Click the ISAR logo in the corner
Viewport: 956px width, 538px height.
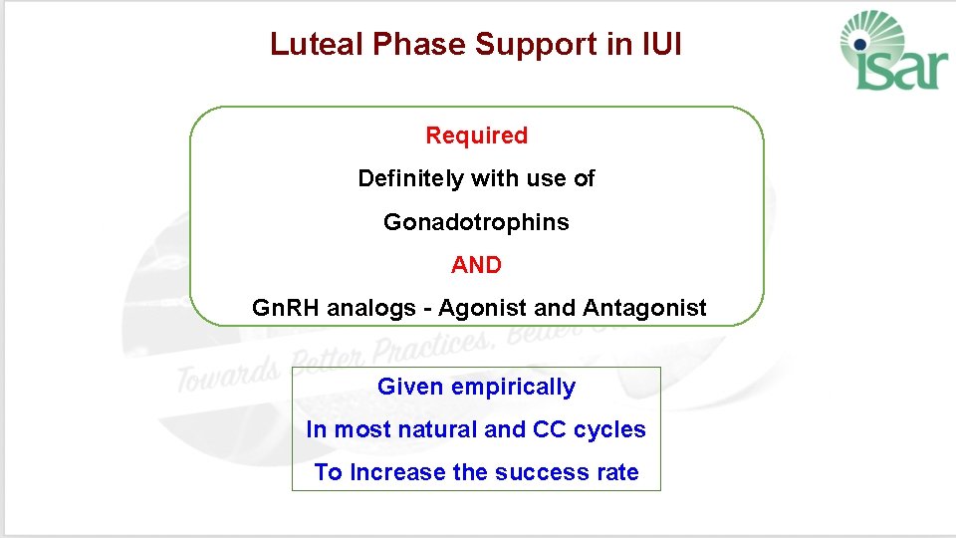point(889,52)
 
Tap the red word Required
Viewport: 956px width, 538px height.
point(476,135)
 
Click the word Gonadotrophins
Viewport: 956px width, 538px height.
point(476,222)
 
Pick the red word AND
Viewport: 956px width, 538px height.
point(476,265)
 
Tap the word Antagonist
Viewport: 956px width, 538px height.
point(644,309)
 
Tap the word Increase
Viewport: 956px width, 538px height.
point(397,473)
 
